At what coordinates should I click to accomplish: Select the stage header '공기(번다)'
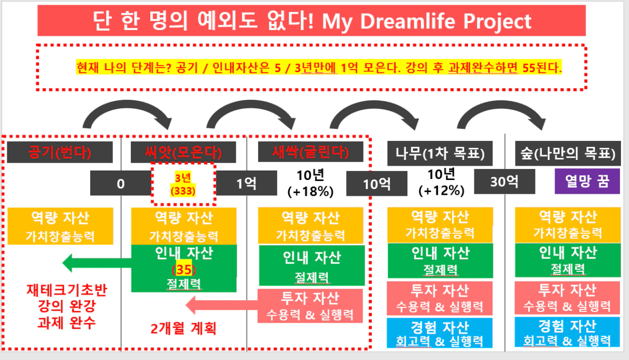point(60,152)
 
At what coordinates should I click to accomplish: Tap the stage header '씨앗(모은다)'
point(183,152)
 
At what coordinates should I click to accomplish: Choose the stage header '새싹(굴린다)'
point(310,151)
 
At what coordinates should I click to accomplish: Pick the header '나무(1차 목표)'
point(440,153)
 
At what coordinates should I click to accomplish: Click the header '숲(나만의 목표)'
point(568,153)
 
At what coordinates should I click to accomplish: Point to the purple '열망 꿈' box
point(587,181)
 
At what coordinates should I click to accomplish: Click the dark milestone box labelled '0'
point(121,183)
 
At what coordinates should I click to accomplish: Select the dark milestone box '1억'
point(246,183)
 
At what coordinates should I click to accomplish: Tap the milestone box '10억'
point(377,184)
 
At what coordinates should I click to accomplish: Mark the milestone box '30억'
point(504,182)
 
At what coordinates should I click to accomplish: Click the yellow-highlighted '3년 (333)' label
point(183,184)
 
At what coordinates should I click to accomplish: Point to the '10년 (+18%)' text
point(310,183)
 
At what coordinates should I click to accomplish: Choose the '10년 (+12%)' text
point(441,182)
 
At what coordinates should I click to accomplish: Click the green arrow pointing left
point(97,263)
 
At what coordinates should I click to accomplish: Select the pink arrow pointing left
point(222,306)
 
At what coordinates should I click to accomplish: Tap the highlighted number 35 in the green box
point(184,269)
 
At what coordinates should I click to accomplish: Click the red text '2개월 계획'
point(183,329)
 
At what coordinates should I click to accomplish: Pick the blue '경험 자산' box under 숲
point(568,333)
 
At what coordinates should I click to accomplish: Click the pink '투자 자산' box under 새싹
point(310,306)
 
